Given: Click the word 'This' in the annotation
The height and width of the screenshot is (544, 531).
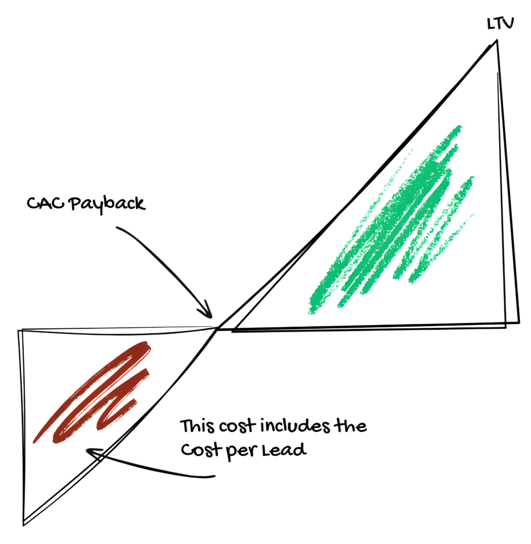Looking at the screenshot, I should (x=197, y=427).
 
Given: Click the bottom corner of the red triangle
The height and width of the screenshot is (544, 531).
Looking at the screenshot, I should (x=24, y=523).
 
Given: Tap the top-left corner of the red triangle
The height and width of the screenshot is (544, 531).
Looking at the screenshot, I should (x=20, y=331).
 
